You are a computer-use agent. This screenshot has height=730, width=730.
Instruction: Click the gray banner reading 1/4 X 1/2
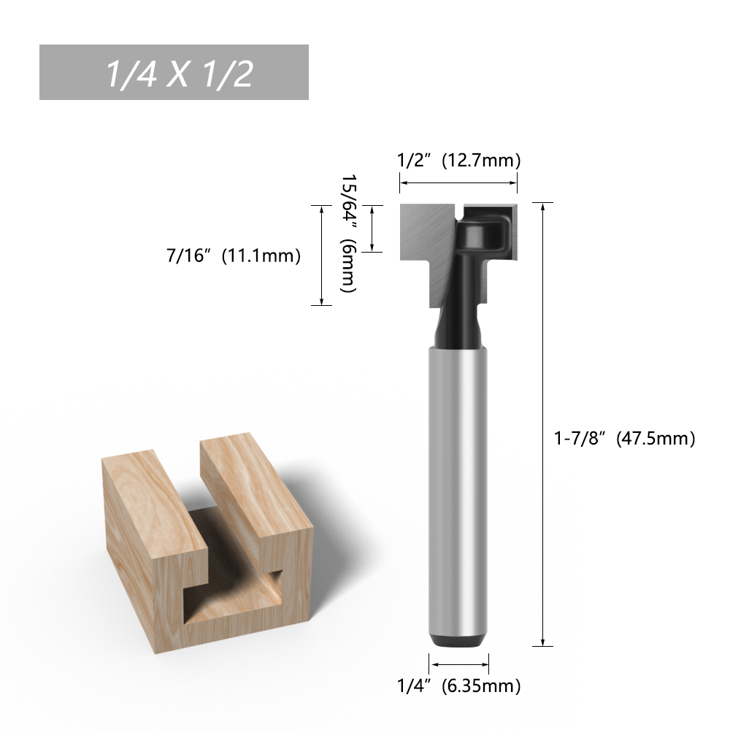pyautogui.click(x=174, y=72)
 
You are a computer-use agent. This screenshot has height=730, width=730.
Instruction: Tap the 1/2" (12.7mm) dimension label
pyautogui.click(x=458, y=160)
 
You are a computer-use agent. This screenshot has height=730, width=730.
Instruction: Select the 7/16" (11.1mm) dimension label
pyautogui.click(x=234, y=255)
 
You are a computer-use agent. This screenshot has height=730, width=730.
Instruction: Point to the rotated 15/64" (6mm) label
pyautogui.click(x=348, y=234)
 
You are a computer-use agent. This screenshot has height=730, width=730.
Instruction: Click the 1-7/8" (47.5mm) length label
pyautogui.click(x=624, y=438)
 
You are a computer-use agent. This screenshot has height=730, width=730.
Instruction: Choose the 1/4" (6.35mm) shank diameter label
pyautogui.click(x=458, y=685)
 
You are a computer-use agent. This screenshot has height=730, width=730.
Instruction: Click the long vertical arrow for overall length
pyautogui.click(x=542, y=425)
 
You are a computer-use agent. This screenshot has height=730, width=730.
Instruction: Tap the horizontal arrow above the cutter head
pyautogui.click(x=458, y=183)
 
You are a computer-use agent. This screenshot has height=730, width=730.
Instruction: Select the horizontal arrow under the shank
pyautogui.click(x=458, y=664)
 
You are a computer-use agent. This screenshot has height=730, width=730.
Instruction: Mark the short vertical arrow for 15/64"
pyautogui.click(x=372, y=228)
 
